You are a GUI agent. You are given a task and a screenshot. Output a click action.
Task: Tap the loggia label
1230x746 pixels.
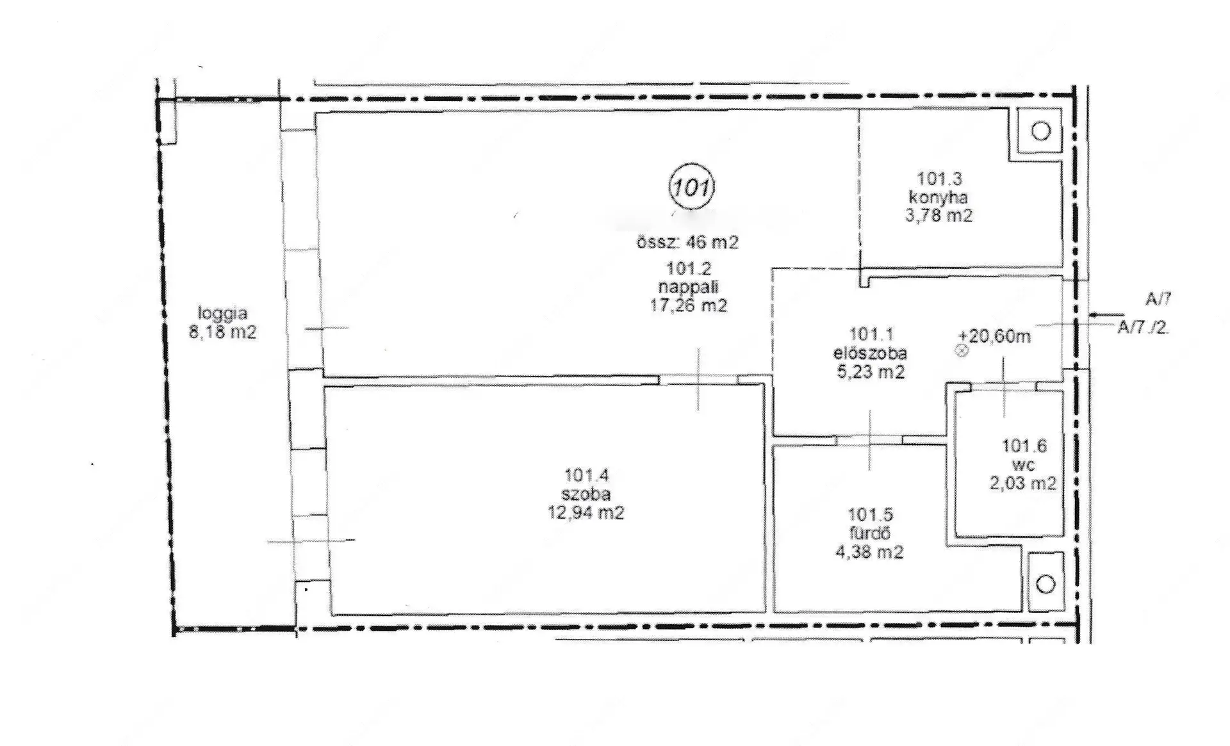pyautogui.click(x=222, y=314)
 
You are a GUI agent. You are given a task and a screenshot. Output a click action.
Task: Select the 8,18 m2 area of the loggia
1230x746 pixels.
pyautogui.click(x=222, y=332)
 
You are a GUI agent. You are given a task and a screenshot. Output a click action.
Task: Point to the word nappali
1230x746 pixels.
pyautogui.click(x=689, y=287)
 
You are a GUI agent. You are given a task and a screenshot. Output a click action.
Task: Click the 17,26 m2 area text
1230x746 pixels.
pyautogui.click(x=689, y=306)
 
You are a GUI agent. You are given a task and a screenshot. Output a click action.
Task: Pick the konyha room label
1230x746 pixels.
pyautogui.click(x=939, y=197)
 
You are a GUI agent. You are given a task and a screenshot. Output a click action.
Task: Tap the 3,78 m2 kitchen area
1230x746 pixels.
pyautogui.click(x=939, y=215)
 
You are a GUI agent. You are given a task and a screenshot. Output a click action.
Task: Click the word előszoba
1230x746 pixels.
pyautogui.click(x=870, y=353)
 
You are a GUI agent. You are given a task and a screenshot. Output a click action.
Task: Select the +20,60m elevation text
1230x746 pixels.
pyautogui.click(x=994, y=336)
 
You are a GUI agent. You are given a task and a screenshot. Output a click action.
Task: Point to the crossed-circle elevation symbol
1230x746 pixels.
pyautogui.click(x=962, y=350)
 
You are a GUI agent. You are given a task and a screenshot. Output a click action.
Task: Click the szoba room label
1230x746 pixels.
pyautogui.click(x=586, y=494)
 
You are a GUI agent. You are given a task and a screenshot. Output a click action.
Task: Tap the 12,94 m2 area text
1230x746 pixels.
pyautogui.click(x=586, y=513)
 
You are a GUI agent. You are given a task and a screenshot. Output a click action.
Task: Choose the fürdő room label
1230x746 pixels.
pyautogui.click(x=869, y=533)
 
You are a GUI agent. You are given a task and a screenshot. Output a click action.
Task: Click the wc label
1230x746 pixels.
pyautogui.click(x=1023, y=465)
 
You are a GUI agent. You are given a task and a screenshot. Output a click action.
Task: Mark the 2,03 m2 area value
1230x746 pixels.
pyautogui.click(x=1023, y=483)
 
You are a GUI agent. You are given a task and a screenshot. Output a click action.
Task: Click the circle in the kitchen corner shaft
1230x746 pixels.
pyautogui.click(x=1042, y=131)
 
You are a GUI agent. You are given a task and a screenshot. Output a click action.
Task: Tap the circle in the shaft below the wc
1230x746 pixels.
pyautogui.click(x=1045, y=584)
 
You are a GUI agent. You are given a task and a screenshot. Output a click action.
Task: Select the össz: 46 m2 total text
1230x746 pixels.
pyautogui.click(x=687, y=242)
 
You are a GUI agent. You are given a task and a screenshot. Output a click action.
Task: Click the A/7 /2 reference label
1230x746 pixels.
pyautogui.click(x=1143, y=328)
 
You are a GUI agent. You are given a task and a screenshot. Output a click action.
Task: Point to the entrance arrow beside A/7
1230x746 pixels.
pyautogui.click(x=1103, y=314)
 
